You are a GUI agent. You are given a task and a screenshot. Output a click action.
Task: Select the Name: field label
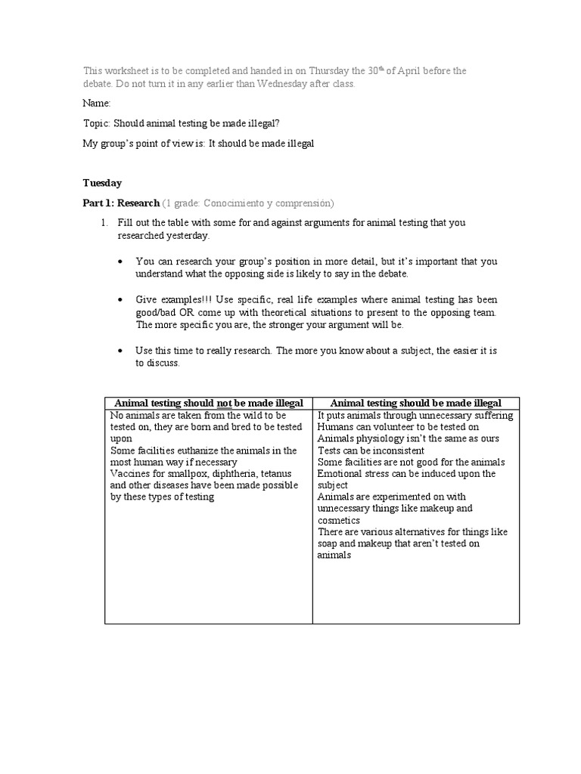[x=97, y=103]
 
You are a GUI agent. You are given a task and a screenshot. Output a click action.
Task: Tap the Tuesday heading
[x=102, y=183]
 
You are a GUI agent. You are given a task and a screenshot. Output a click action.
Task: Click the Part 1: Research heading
[x=121, y=203]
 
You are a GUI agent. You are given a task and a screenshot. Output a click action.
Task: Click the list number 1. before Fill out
[x=105, y=223]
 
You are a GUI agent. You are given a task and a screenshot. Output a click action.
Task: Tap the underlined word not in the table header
[x=225, y=403]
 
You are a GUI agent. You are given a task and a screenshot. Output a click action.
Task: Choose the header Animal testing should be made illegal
[x=416, y=403]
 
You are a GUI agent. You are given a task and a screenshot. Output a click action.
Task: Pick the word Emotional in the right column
[x=340, y=474]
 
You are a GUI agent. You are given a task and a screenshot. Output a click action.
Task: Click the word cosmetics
[x=339, y=520]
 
